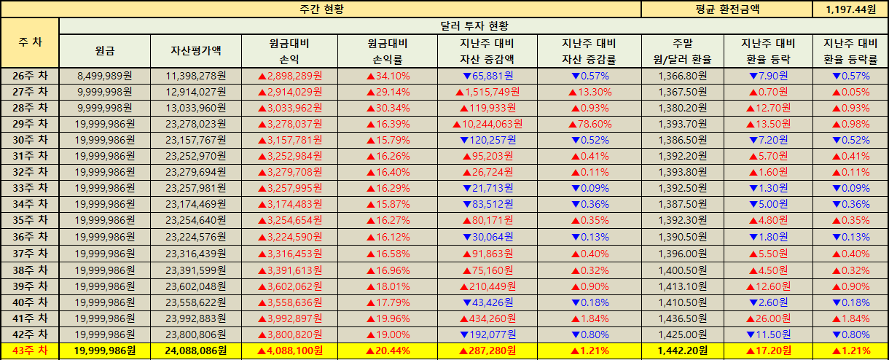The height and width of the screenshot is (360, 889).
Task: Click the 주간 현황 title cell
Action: point(321,9)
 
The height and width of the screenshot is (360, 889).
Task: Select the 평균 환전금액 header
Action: point(726,9)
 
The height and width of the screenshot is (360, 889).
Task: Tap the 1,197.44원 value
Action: point(850,9)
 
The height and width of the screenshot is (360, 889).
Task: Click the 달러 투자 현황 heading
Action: point(474,26)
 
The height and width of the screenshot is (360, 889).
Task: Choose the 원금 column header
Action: point(104,51)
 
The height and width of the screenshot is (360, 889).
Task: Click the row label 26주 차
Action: point(30,75)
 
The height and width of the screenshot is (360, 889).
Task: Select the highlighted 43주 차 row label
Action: point(30,351)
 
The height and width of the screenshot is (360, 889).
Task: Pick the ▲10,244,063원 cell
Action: point(487,123)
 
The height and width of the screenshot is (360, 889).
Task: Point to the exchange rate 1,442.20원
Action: point(683,351)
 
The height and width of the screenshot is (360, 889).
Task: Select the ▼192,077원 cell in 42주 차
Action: point(487,334)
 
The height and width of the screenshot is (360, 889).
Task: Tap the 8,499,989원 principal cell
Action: point(104,75)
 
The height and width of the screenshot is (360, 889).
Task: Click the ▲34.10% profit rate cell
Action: point(387,75)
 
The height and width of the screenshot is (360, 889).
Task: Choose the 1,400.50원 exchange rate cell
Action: point(683,270)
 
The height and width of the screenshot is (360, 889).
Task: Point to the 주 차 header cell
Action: point(30,42)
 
